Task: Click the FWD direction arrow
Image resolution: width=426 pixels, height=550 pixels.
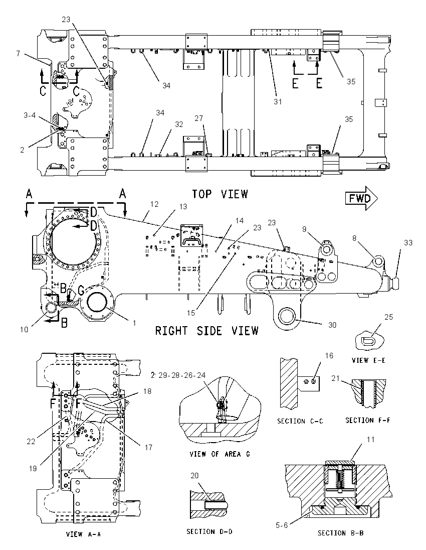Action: pos(361,199)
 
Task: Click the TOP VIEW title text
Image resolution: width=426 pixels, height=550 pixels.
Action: pos(220,194)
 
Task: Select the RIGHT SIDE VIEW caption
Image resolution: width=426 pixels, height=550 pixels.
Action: pos(207,330)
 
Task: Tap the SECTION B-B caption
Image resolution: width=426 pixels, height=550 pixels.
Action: pos(340,533)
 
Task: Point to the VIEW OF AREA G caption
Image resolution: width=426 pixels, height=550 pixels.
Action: pos(220,454)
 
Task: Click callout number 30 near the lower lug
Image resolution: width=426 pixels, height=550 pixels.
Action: pos(332,325)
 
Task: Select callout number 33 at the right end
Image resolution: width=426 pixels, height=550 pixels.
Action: pos(408,243)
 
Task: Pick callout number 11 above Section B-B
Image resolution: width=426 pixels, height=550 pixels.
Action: pos(371,440)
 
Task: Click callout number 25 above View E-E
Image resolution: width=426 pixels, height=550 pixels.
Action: pos(388,317)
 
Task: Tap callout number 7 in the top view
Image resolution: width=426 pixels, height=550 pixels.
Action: pos(18,54)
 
